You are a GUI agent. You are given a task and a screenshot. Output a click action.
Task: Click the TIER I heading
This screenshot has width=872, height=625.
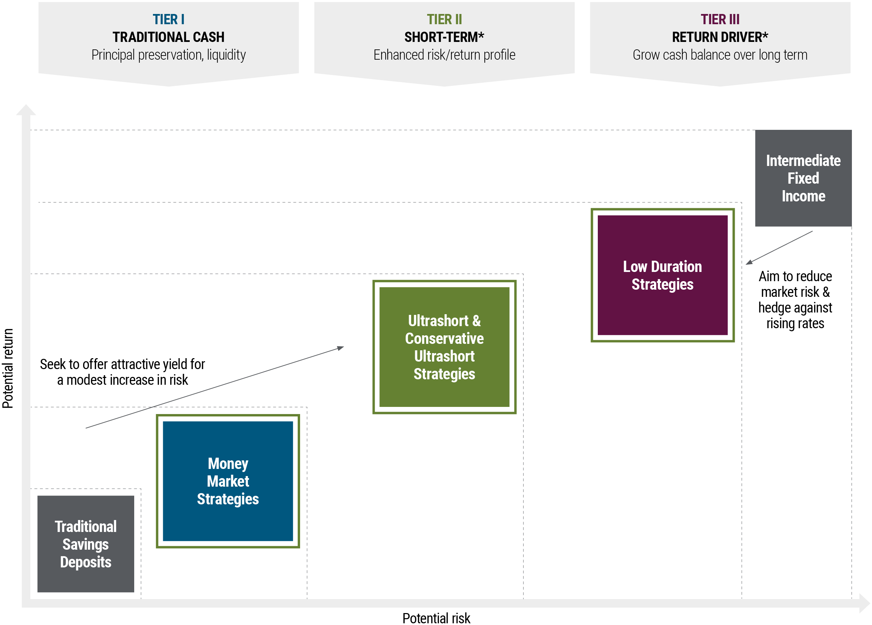click(168, 19)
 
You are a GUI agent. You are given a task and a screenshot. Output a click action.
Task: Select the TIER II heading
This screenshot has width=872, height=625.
click(444, 19)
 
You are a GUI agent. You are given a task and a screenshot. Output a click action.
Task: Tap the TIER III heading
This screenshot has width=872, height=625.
click(720, 19)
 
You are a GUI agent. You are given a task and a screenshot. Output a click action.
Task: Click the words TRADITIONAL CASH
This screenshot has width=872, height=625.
click(168, 37)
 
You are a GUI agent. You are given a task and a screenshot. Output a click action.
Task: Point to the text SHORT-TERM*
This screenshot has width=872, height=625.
click(444, 37)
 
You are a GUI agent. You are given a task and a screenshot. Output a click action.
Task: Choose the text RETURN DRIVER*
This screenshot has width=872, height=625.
click(720, 37)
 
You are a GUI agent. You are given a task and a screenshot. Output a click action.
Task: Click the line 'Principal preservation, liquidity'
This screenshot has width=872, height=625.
click(168, 55)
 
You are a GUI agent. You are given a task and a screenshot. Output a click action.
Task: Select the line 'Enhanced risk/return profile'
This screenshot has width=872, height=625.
click(444, 55)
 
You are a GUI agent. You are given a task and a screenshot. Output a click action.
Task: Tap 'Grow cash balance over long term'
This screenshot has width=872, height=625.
click(720, 55)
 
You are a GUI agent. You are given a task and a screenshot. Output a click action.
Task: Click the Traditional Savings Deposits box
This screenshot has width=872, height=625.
click(86, 544)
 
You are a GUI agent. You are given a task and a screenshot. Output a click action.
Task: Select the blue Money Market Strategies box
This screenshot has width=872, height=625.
click(228, 481)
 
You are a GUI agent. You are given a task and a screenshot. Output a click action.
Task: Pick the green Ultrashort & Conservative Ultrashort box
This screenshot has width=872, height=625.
click(444, 347)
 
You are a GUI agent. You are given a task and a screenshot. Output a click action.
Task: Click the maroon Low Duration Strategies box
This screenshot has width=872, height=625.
click(663, 275)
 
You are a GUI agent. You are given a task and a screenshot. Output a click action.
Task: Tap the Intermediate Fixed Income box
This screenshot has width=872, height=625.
click(803, 178)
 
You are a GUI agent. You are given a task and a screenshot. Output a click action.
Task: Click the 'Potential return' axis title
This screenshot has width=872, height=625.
click(8, 368)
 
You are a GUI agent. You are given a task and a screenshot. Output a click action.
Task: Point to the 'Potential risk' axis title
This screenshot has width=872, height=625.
click(436, 618)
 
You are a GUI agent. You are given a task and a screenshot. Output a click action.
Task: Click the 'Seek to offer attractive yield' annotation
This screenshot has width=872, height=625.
click(122, 372)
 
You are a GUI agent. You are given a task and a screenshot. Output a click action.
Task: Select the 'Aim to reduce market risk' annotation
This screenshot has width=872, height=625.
click(795, 300)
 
